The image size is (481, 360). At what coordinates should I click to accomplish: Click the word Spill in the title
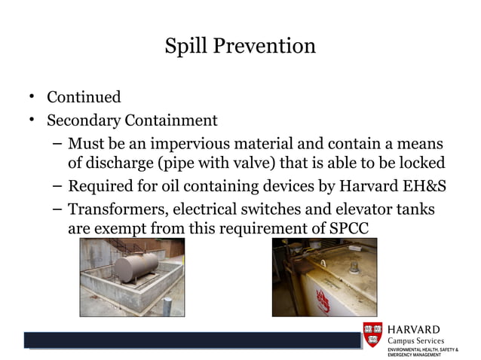(x=186, y=46)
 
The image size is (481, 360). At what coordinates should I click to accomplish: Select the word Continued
(x=84, y=97)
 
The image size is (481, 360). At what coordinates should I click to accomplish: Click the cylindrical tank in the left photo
(x=140, y=266)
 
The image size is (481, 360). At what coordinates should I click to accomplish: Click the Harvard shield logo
(x=372, y=335)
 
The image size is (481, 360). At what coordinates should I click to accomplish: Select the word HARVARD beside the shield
(x=414, y=329)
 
